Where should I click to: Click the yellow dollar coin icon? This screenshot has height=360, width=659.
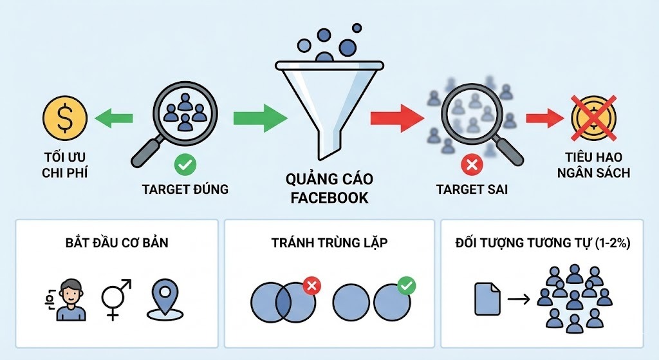coord(64,118)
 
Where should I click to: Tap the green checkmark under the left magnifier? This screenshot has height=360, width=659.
coord(185,166)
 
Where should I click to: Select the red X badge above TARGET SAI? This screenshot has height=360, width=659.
coord(472,166)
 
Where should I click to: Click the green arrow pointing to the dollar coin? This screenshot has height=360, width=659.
coord(114,118)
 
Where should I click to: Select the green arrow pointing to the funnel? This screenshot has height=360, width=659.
coord(259,118)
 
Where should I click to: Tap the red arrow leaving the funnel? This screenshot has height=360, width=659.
coord(396,118)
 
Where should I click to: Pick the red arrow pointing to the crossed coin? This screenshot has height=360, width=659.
coord(546,118)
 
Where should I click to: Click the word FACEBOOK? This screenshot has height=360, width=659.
coord(329,197)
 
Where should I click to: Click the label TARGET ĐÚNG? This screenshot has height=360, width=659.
coord(185,189)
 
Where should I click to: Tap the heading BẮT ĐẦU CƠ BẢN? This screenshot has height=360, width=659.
coord(113,244)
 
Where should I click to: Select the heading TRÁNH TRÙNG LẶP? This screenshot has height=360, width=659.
coord(329,244)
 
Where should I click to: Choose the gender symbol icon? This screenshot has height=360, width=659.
coord(116,299)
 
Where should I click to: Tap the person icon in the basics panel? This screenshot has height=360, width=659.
coord(70,299)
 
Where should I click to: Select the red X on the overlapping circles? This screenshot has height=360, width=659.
coord(311,285)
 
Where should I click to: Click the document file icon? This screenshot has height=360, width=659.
coord(487,299)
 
